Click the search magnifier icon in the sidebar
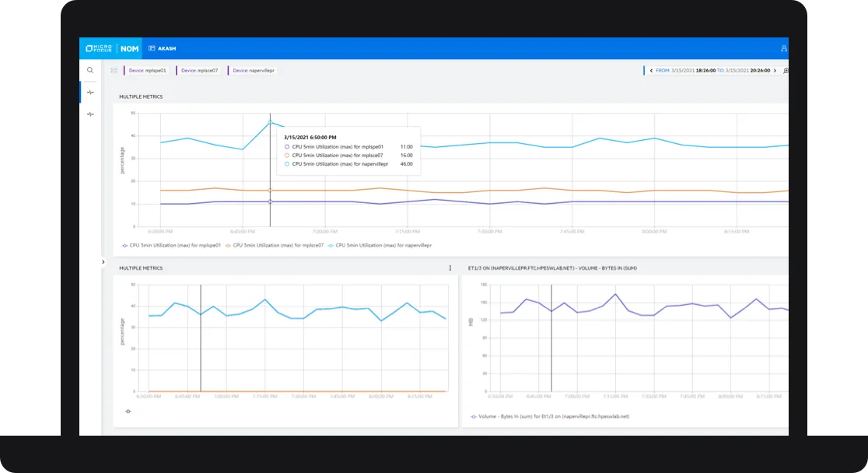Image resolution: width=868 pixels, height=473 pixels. click(x=90, y=70)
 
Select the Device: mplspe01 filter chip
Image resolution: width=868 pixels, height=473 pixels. click(x=146, y=70)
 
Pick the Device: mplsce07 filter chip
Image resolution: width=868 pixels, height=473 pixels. click(x=198, y=70)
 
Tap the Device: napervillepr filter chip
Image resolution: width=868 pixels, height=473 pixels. click(x=253, y=70)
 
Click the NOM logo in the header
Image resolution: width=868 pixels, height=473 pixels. click(x=129, y=48)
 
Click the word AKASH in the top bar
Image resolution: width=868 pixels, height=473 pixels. click(x=166, y=48)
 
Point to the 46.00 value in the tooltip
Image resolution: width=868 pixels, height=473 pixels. click(x=406, y=164)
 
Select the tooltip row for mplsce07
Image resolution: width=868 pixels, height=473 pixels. click(x=342, y=155)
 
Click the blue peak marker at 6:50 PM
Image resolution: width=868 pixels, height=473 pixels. click(x=270, y=121)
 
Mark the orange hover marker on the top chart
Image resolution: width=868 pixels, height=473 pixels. click(x=270, y=191)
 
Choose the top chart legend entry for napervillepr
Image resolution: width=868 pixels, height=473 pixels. click(x=383, y=245)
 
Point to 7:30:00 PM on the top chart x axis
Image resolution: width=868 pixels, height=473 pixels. click(x=490, y=231)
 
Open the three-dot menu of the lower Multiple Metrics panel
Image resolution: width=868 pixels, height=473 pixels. click(x=450, y=268)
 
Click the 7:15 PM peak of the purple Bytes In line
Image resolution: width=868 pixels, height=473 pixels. click(x=615, y=294)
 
